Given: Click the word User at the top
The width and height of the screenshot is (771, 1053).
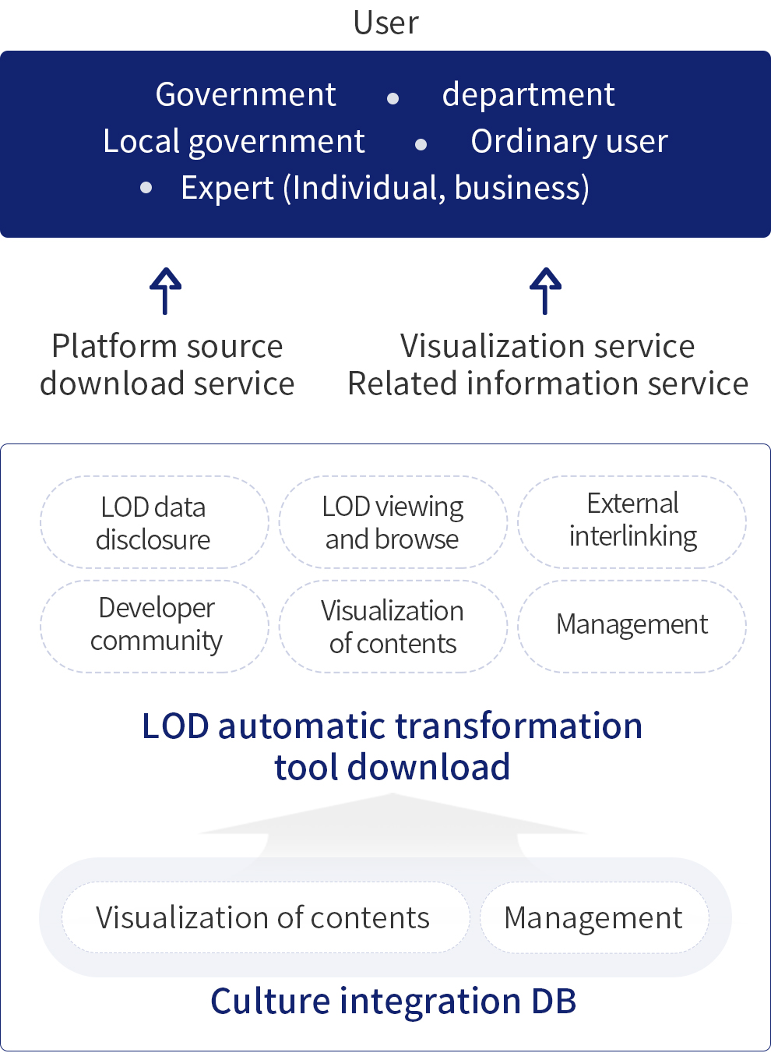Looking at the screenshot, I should [385, 23].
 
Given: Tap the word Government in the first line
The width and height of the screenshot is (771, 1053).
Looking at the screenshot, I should [245, 95].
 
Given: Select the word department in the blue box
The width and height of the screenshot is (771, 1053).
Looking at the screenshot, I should [528, 95].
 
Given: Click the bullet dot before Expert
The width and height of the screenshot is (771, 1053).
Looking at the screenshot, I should [146, 188].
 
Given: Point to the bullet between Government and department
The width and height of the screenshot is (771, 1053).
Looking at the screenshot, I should [393, 98].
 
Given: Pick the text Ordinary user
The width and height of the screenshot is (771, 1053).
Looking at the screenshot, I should [569, 142].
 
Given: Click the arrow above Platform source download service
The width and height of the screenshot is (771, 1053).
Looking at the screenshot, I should [165, 291].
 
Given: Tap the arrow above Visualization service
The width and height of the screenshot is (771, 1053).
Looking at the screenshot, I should [546, 291].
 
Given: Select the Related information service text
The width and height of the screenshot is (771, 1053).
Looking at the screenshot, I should [547, 383].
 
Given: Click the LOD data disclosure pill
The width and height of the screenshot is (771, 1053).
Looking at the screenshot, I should [154, 522].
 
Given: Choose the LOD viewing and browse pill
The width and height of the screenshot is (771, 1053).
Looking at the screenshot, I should [393, 522].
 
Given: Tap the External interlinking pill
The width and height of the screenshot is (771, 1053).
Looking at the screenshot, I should [632, 521].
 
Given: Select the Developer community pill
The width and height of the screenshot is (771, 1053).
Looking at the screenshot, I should [154, 625].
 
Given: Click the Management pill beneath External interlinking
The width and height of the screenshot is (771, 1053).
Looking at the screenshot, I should [632, 625].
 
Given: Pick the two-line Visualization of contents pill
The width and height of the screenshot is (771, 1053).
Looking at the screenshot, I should [393, 627].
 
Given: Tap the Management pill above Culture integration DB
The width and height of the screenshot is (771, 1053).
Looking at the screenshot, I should [593, 918].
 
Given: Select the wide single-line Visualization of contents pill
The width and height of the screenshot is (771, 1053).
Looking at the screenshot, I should [263, 918].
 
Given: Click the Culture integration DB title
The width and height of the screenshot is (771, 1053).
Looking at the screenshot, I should [393, 1002].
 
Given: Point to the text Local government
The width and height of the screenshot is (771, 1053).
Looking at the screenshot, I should [234, 142].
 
